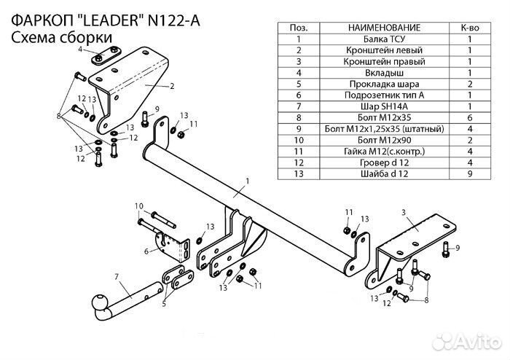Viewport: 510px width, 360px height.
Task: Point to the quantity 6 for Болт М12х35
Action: [469, 117]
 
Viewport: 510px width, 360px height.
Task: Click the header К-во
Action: [469, 26]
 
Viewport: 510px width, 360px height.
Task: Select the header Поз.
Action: [299, 26]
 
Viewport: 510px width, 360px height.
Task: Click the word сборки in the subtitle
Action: [87, 37]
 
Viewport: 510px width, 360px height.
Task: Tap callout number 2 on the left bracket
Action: [172, 86]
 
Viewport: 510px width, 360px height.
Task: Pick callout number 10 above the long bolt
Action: [139, 207]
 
